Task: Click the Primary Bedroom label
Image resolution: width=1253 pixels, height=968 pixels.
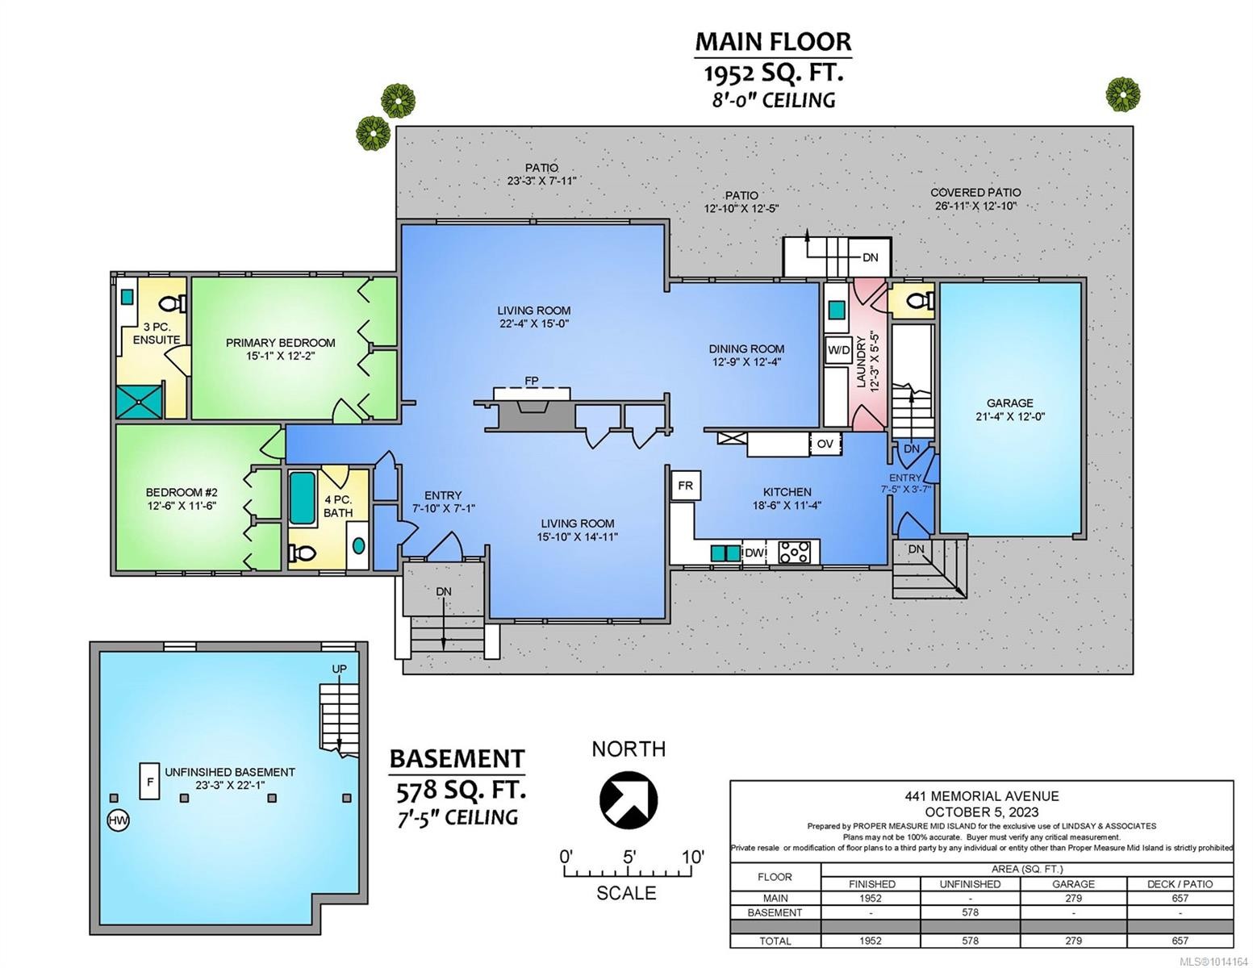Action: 280,342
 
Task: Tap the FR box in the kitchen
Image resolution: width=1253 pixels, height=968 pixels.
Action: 684,486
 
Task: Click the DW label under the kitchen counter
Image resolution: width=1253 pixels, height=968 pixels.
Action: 754,553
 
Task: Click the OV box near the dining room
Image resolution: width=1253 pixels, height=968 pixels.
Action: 825,444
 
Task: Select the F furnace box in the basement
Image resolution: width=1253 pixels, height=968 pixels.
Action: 149,781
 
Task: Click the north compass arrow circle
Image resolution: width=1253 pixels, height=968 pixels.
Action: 629,797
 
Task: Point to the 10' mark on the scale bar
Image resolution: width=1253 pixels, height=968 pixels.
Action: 692,856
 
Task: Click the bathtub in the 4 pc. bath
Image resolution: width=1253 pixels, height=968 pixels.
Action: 303,498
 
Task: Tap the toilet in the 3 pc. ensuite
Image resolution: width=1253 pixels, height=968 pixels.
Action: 172,303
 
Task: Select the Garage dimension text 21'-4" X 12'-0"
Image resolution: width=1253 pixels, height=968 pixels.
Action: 1009,417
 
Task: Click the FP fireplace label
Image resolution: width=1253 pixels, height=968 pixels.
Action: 532,381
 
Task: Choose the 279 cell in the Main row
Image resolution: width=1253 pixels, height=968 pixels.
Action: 1073,898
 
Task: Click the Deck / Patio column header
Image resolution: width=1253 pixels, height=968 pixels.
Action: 1180,883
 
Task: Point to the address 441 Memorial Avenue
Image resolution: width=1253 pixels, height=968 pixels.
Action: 981,795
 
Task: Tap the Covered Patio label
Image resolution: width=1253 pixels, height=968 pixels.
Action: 975,192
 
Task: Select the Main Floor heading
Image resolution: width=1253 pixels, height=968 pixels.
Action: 772,41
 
